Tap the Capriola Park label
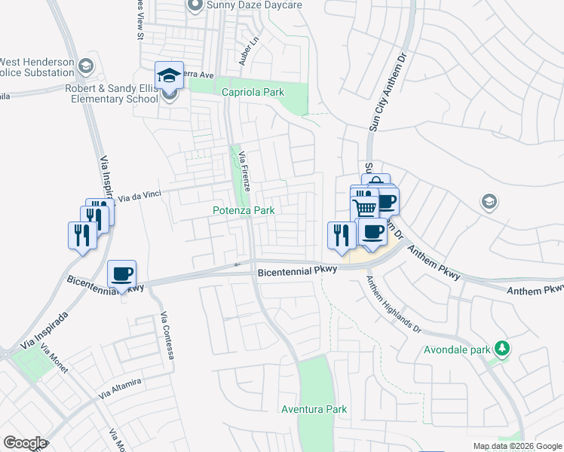pyautogui.click(x=253, y=92)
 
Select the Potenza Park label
pyautogui.click(x=243, y=211)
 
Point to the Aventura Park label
pyautogui.click(x=314, y=409)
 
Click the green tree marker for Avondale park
pyautogui.click(x=501, y=349)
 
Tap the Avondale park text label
pyautogui.click(x=456, y=350)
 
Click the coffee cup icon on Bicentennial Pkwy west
pyautogui.click(x=121, y=273)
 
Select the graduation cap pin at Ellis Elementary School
pyautogui.click(x=169, y=75)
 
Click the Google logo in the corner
pyautogui.click(x=25, y=443)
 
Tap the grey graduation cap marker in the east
pyautogui.click(x=489, y=201)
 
